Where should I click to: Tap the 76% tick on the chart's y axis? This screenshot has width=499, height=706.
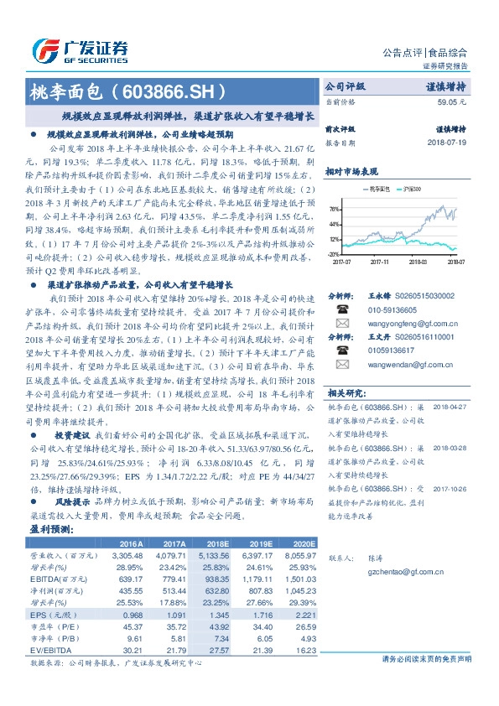pyautogui.click(x=334, y=210)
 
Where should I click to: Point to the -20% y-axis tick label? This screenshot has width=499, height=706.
pyautogui.click(x=333, y=253)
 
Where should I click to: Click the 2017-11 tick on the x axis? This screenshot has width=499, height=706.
pyautogui.click(x=379, y=262)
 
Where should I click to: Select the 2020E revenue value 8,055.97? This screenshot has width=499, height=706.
pyautogui.click(x=299, y=554)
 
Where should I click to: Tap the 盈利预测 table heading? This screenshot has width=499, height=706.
pyautogui.click(x=52, y=531)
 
